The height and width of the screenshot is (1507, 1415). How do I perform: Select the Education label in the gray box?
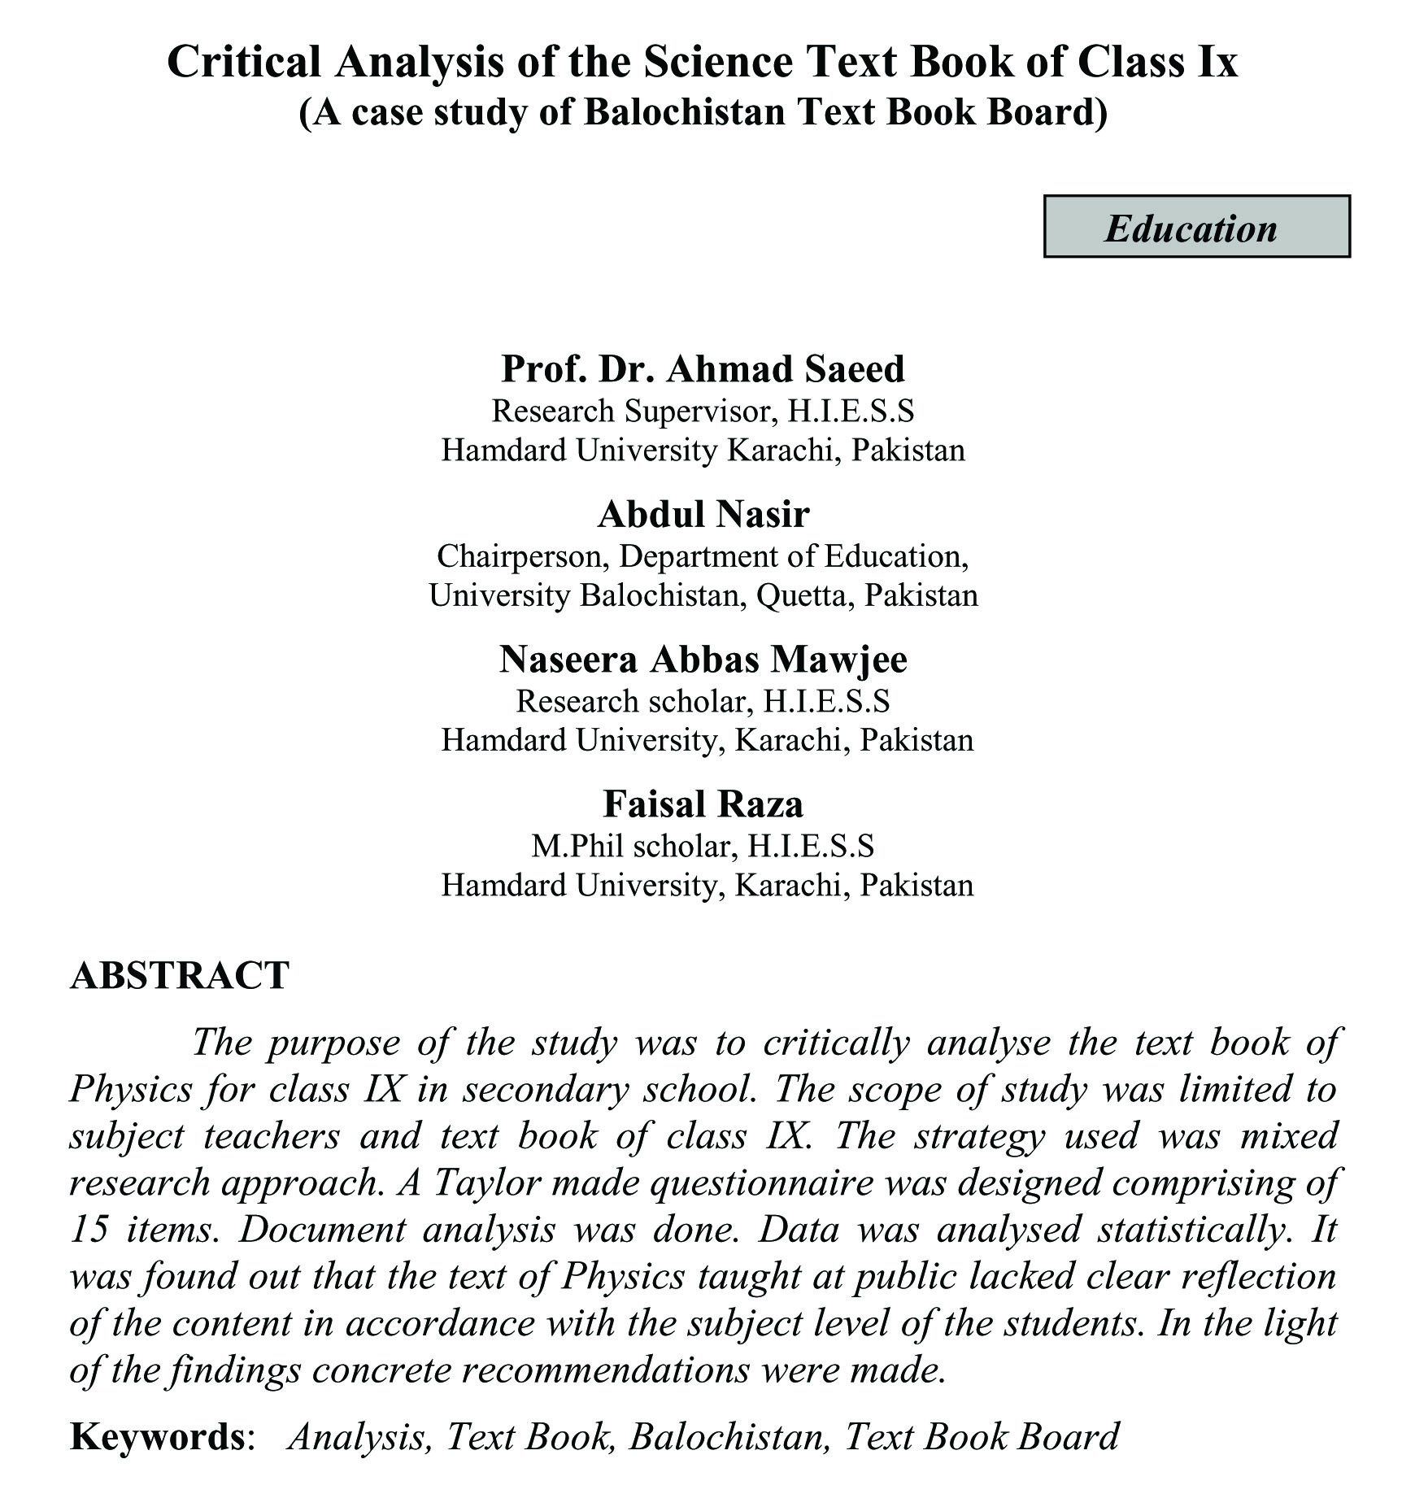click(1191, 228)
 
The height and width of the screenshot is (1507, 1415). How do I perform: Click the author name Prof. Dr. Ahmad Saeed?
click(703, 368)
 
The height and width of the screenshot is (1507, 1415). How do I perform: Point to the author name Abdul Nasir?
click(703, 514)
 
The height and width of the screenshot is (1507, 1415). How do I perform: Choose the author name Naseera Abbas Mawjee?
click(703, 659)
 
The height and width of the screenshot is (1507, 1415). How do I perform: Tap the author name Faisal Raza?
click(703, 804)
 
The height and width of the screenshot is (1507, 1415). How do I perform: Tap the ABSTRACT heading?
click(180, 975)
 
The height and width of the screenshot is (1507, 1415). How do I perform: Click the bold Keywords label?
click(157, 1437)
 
